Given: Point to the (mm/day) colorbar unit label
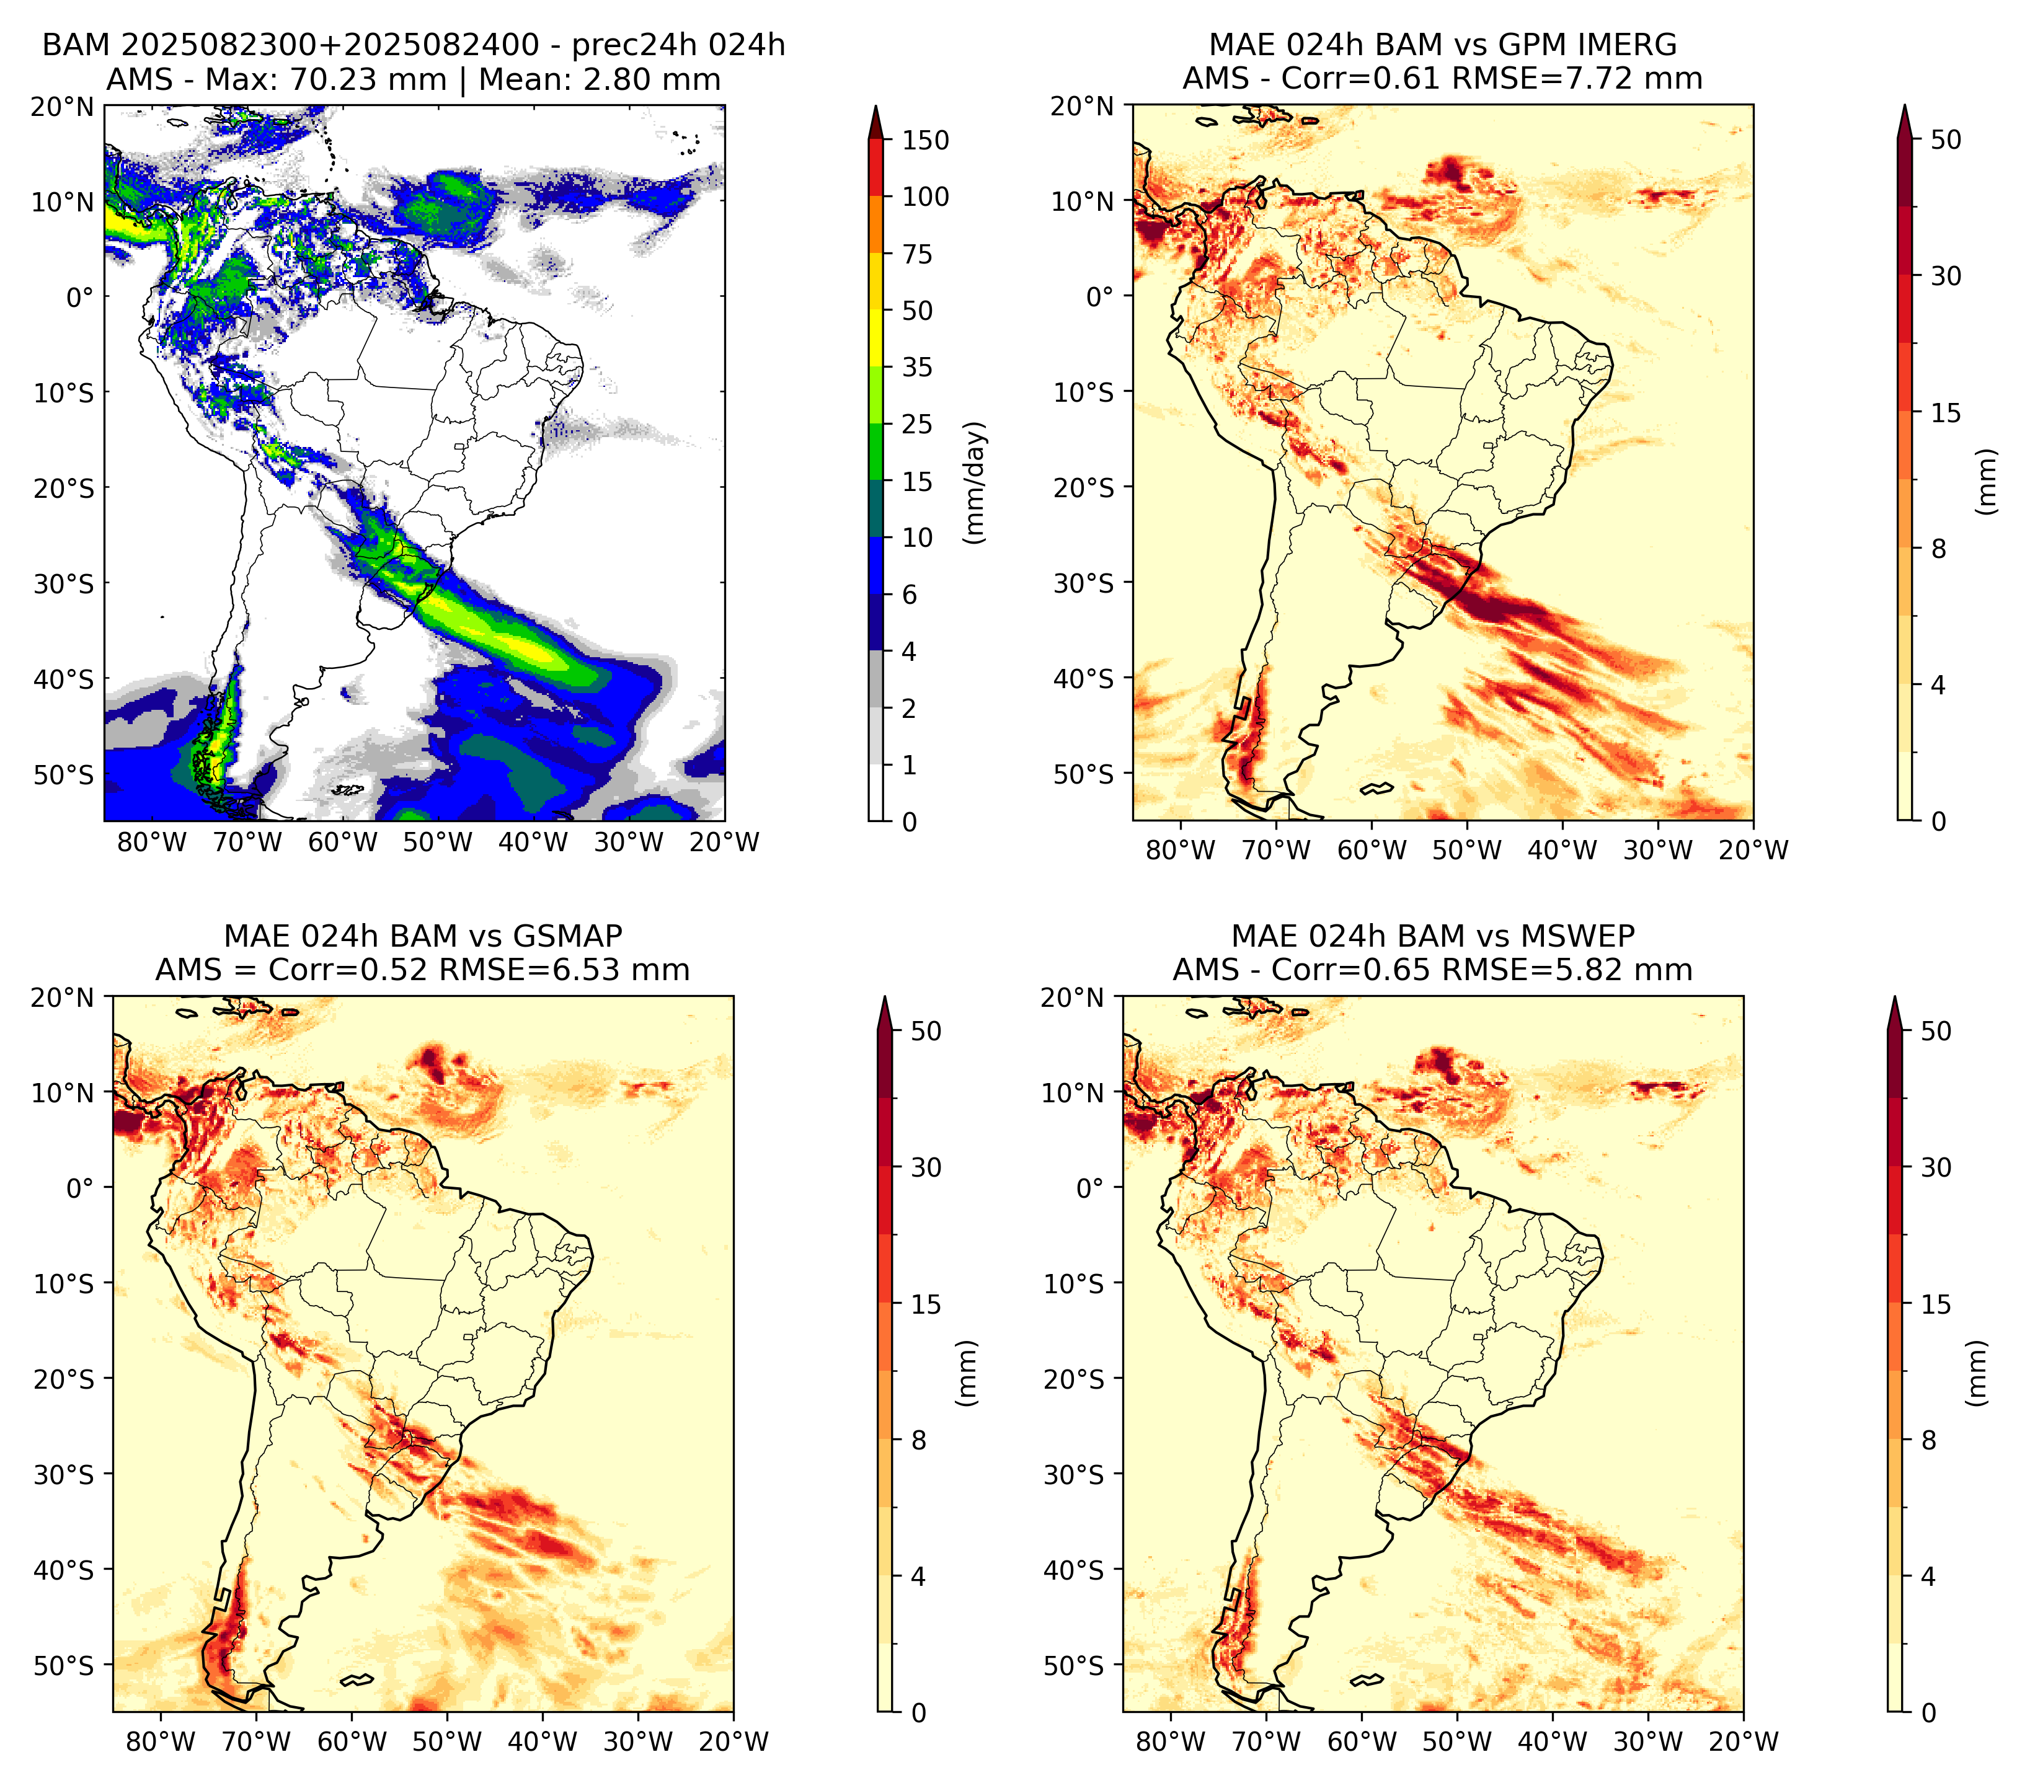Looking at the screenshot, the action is pyautogui.click(x=975, y=482).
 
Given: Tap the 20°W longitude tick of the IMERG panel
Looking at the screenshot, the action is pyautogui.click(x=1754, y=850).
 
